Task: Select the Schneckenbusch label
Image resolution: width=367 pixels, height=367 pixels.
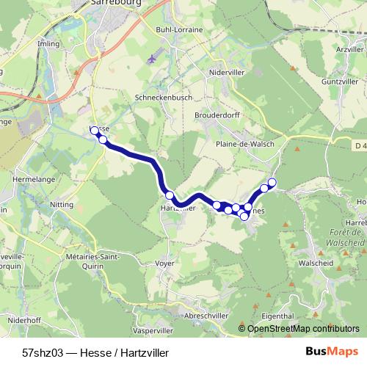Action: (x=158, y=97)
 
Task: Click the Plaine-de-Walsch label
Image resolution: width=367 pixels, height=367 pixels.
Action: (x=245, y=144)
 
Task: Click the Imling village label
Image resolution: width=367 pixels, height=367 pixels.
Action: (x=48, y=43)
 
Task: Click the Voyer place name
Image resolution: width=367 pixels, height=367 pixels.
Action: (x=165, y=262)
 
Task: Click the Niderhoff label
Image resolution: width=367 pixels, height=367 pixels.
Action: (x=24, y=321)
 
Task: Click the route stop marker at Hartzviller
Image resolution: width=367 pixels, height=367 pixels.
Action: (x=170, y=195)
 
